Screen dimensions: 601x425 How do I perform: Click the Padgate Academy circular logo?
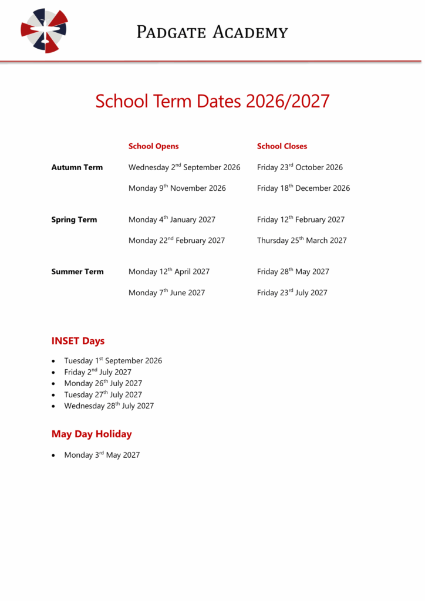(44, 31)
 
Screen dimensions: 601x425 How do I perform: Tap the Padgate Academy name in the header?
(212, 32)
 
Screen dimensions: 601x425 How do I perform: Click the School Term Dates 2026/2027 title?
(212, 101)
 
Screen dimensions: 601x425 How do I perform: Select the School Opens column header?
(154, 146)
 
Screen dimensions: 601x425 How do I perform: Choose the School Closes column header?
(282, 146)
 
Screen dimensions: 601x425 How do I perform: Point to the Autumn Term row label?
(77, 167)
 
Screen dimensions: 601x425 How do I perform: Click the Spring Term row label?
(74, 220)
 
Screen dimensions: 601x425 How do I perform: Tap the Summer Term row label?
(77, 272)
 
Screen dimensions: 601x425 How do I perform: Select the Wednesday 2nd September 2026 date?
(184, 167)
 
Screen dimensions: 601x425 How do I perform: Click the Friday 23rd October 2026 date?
(300, 167)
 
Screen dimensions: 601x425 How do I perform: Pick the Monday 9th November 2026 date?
(177, 188)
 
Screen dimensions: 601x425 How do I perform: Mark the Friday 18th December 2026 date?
(303, 188)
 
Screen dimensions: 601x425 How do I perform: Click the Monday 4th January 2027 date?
(172, 220)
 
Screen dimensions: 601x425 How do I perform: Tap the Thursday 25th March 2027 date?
(302, 241)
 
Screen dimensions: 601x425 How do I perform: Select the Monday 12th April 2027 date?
(169, 272)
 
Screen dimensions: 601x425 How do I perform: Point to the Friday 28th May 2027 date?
(293, 272)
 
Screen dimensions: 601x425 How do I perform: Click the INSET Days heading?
(78, 341)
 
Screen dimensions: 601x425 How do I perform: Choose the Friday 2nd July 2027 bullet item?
(98, 372)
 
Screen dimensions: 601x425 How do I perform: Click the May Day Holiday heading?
(92, 434)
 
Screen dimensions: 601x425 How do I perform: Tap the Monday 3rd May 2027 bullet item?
(102, 455)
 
